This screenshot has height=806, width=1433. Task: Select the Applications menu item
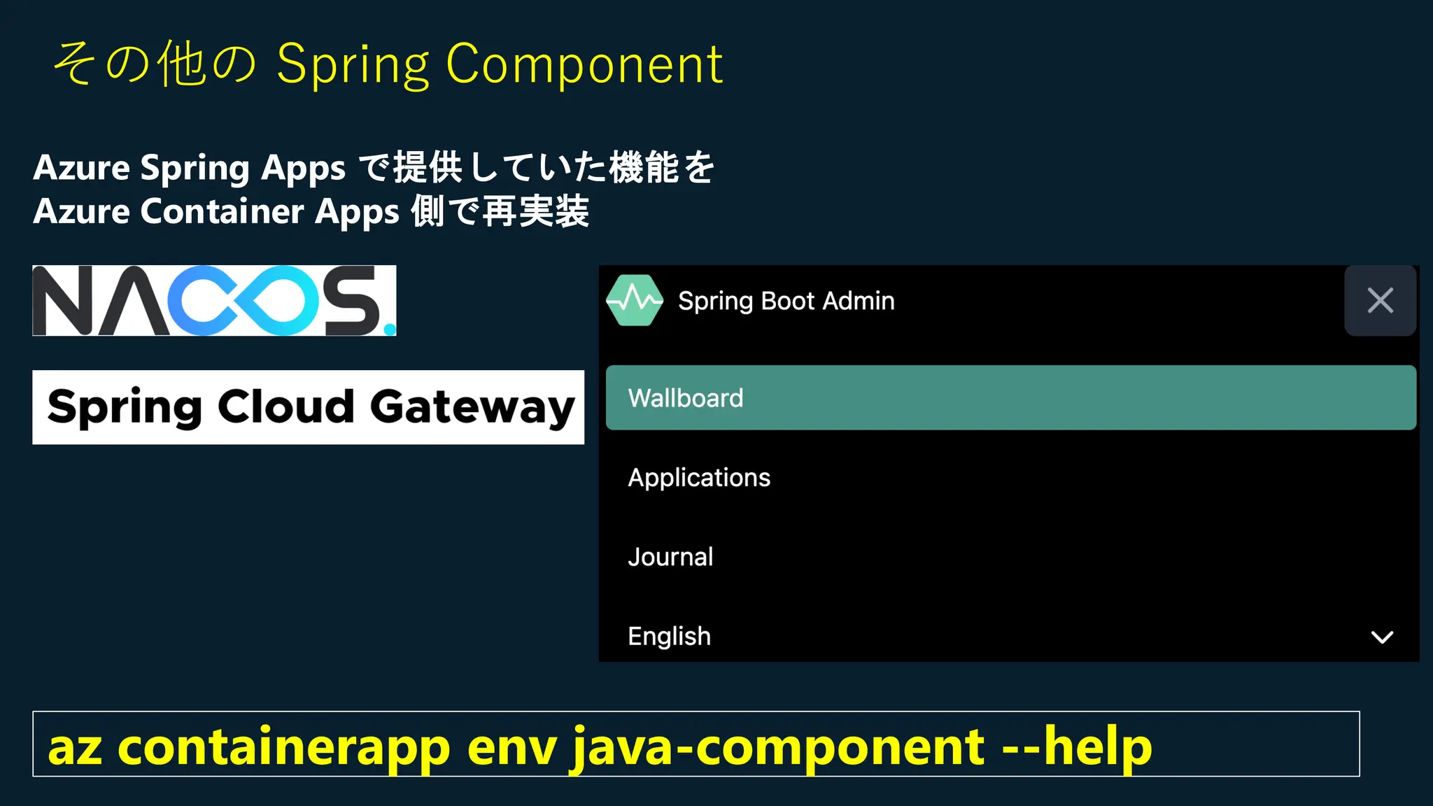(699, 477)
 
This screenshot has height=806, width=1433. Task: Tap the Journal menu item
(670, 557)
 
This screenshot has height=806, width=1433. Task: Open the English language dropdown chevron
(1382, 637)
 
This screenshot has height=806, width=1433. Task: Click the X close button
(1380, 301)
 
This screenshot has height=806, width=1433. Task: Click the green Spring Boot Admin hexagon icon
(635, 300)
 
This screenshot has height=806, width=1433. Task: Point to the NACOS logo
(214, 301)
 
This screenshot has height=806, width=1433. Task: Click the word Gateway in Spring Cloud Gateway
(472, 407)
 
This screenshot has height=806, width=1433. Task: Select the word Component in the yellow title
(584, 64)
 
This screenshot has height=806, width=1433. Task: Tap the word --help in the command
(1077, 747)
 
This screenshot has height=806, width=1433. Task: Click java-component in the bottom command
(778, 747)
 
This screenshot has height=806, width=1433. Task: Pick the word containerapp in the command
(283, 747)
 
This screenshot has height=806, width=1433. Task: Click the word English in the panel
(669, 637)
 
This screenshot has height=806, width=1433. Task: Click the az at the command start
(75, 747)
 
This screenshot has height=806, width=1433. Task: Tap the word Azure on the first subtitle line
(82, 168)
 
